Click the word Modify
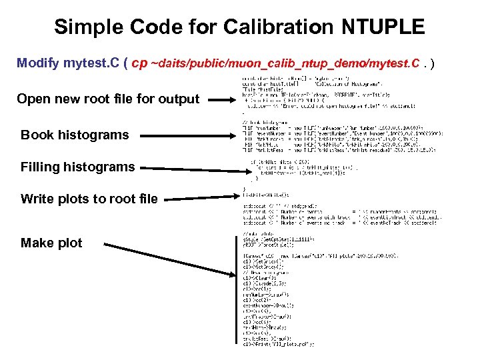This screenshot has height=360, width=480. (x=39, y=64)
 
